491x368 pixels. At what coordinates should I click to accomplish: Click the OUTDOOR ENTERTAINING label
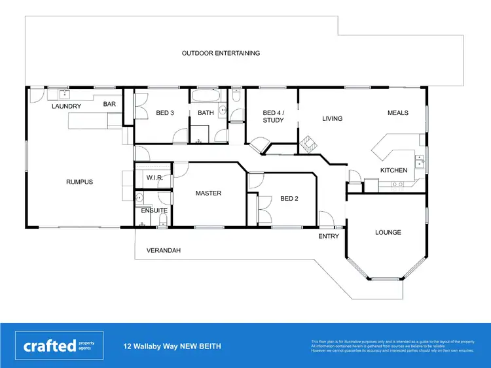tap(221, 53)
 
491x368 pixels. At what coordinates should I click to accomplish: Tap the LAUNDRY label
tap(67, 106)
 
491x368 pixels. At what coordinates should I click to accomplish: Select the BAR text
tap(109, 103)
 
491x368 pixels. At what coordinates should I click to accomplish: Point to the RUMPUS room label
tap(79, 182)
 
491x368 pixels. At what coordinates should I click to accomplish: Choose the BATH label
tap(206, 112)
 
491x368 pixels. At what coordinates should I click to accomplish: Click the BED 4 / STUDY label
tap(273, 116)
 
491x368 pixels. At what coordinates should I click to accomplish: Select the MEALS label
tap(397, 112)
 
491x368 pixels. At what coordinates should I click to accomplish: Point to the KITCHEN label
tap(394, 170)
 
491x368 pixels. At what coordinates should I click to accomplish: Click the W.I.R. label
tap(155, 177)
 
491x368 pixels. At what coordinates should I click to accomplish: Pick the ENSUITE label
tap(155, 210)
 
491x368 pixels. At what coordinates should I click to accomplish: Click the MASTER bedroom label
tap(209, 193)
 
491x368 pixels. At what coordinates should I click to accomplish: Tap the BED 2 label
tap(289, 198)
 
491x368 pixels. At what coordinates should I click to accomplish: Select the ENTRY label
tap(329, 236)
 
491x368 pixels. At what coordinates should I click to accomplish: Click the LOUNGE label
tap(388, 232)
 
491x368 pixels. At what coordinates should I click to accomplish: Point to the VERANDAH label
tap(164, 250)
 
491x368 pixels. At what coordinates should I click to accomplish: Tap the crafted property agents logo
tap(60, 346)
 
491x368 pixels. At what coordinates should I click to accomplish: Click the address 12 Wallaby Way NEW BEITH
tap(172, 346)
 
